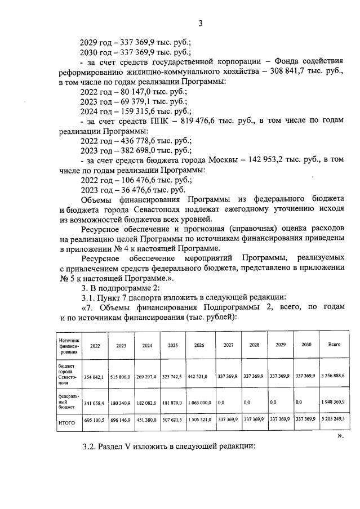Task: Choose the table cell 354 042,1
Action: [x=94, y=376]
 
